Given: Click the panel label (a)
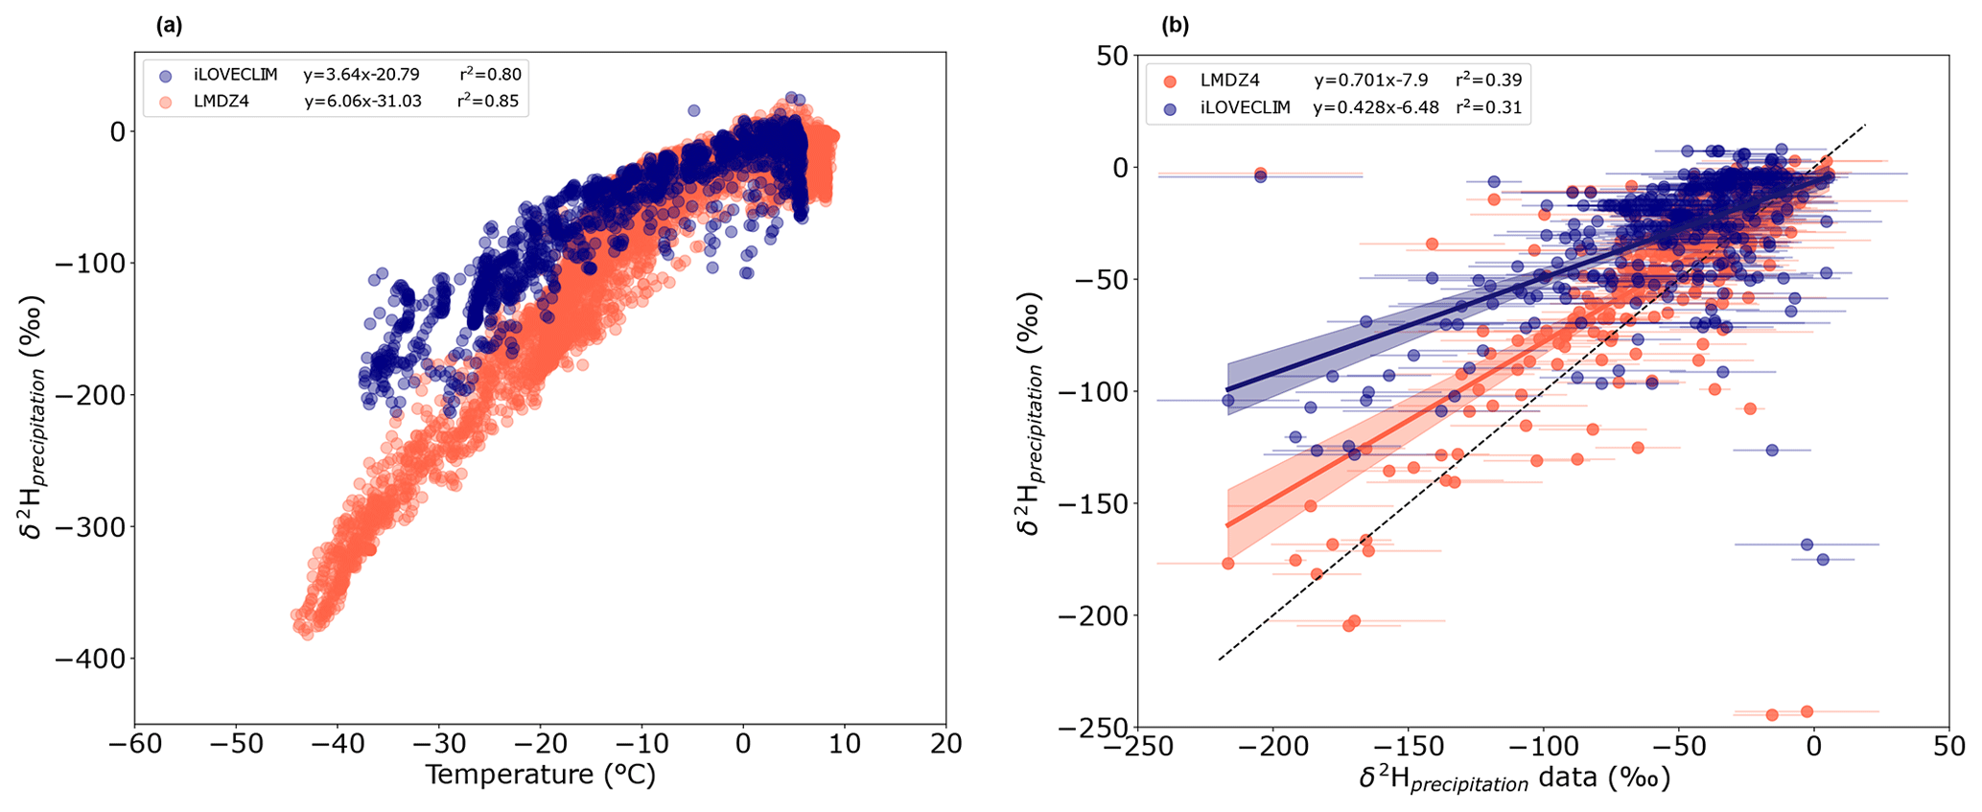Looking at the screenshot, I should (169, 27).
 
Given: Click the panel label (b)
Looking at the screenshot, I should (1175, 27).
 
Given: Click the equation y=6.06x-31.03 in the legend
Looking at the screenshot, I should (362, 101).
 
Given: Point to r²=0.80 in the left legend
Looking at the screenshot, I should (489, 75).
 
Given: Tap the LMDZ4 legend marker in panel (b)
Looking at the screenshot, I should (1169, 81).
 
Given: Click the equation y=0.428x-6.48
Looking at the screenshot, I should (1375, 108).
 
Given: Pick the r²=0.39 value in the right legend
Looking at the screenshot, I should (1488, 81).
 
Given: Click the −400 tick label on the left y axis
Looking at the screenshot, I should (92, 659).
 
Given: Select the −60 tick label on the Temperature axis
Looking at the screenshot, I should (134, 745).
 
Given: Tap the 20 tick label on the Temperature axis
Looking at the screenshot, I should (946, 745).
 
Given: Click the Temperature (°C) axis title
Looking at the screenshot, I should (540, 775).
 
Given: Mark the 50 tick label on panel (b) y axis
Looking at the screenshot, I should (1111, 56).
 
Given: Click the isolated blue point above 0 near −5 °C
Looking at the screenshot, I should (694, 110).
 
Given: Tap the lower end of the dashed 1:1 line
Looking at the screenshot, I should (1219, 660).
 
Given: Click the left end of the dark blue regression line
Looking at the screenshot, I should (1227, 390).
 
